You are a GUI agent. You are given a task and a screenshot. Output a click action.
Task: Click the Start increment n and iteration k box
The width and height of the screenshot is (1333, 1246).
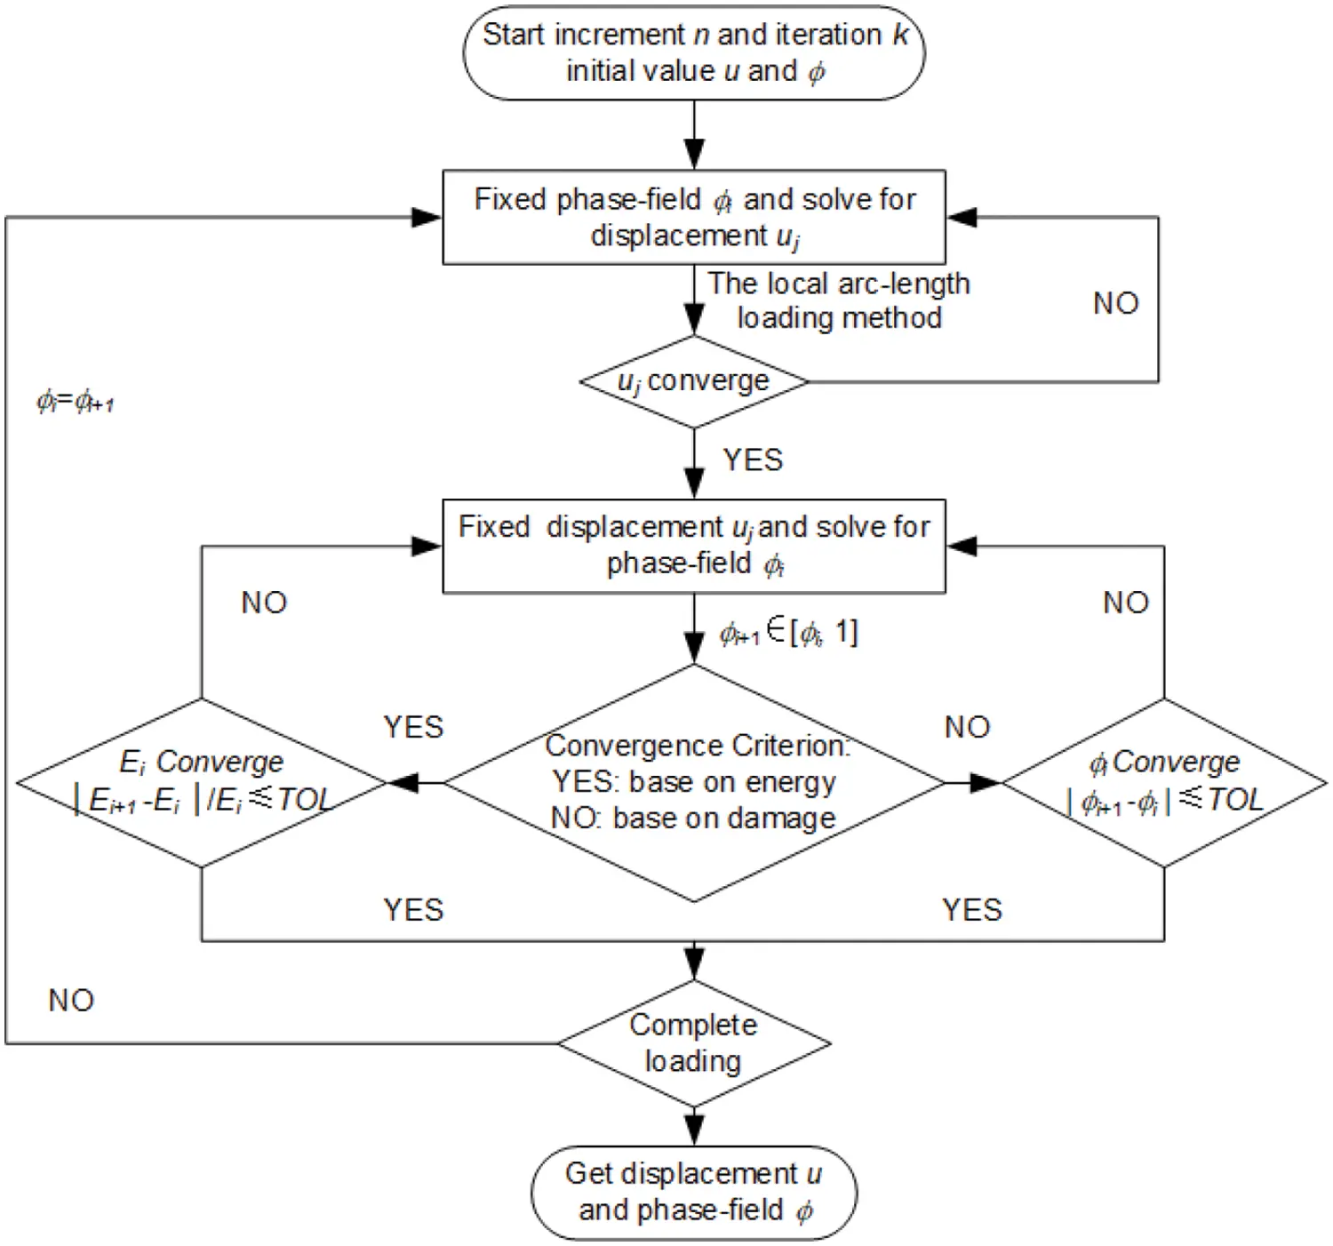click(x=693, y=52)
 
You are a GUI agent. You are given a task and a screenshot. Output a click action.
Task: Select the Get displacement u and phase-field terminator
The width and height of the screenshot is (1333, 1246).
click(x=693, y=1192)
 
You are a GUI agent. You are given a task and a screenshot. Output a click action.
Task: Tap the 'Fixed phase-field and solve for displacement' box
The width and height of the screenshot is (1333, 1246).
click(x=693, y=217)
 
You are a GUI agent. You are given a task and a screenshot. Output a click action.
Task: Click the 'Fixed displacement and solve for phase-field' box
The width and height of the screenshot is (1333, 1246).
click(x=693, y=546)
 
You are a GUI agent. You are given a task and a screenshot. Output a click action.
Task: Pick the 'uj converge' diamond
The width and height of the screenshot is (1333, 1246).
click(x=693, y=381)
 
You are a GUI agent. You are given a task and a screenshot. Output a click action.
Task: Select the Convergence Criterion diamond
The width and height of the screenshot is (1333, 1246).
click(x=693, y=782)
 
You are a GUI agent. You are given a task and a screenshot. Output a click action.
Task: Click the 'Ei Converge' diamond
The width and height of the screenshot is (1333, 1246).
click(x=202, y=782)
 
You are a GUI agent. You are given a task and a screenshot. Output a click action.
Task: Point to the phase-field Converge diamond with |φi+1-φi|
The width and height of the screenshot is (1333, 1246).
click(x=1163, y=782)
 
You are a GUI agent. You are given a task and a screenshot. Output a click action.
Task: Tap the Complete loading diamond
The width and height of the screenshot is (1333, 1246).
click(x=693, y=1042)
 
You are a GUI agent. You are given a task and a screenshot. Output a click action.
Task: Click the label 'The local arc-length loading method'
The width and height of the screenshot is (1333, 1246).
click(x=838, y=300)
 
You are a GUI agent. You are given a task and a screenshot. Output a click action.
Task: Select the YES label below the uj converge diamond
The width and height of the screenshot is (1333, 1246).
click(x=753, y=460)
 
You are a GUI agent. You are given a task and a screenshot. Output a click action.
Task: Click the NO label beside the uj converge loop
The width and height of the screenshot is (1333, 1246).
click(x=1115, y=304)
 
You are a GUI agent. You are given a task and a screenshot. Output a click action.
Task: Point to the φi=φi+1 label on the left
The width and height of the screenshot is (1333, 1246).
click(x=75, y=403)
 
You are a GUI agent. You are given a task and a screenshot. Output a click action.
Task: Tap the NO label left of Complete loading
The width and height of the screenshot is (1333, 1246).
click(x=71, y=1001)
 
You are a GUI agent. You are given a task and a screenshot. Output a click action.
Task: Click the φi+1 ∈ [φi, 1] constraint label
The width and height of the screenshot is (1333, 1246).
click(x=788, y=633)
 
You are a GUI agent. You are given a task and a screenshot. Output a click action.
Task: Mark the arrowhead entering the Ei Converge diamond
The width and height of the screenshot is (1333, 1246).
click(x=403, y=783)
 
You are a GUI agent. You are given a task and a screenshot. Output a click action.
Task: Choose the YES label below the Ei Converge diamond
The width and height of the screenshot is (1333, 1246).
click(x=413, y=910)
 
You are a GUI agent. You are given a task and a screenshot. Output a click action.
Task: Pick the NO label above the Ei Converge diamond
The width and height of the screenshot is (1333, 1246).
click(x=264, y=603)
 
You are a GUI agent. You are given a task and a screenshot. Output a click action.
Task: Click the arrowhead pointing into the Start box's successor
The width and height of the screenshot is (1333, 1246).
click(x=694, y=155)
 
